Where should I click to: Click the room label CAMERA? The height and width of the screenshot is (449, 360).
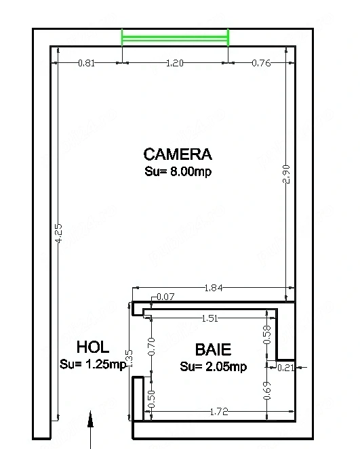178,154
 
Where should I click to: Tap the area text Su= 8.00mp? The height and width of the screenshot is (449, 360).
178,171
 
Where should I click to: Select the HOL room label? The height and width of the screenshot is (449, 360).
93,347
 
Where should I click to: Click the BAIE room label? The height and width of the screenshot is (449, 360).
213,349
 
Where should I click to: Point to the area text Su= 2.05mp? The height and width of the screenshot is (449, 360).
214,366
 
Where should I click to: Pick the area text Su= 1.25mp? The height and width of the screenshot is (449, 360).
93,364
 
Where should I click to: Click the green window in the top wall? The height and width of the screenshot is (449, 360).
175,37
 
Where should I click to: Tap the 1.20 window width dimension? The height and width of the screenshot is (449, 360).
174,63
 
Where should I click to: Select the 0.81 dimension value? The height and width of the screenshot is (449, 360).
86,63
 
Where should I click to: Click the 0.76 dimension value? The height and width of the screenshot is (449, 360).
261,63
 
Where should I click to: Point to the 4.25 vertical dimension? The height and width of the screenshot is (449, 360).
58,234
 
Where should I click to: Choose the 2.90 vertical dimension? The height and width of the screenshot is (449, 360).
286,174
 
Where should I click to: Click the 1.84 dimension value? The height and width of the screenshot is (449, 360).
214,288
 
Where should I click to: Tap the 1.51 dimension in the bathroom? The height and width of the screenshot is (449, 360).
209,318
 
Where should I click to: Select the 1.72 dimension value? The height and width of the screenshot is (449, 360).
219,412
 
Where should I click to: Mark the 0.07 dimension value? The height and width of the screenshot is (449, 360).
165,297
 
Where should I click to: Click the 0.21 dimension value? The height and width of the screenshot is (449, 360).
286,367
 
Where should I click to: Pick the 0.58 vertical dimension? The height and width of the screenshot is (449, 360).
267,335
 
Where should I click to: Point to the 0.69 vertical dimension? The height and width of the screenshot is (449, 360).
267,391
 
